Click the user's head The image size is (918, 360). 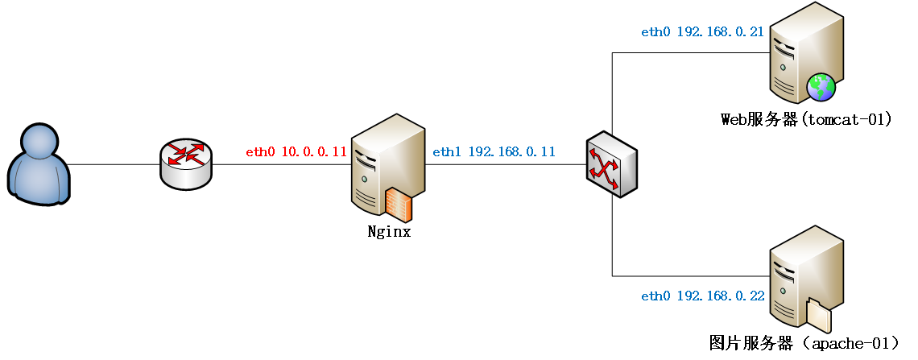39,142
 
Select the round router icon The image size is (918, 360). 186,163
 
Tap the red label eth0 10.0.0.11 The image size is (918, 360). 296,151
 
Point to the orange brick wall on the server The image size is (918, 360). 399,205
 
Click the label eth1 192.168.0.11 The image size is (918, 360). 494,151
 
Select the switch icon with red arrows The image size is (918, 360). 611,164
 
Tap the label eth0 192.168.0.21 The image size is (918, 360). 702,32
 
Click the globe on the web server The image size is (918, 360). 821,86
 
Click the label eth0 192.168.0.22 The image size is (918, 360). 702,296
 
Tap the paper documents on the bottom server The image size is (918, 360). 818,315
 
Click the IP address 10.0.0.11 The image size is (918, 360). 314,151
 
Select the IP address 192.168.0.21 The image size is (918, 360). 720,32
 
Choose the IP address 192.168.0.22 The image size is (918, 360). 720,296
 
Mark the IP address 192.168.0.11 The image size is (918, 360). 511,151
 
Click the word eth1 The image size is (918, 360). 446,151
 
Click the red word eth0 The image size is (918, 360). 260,151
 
